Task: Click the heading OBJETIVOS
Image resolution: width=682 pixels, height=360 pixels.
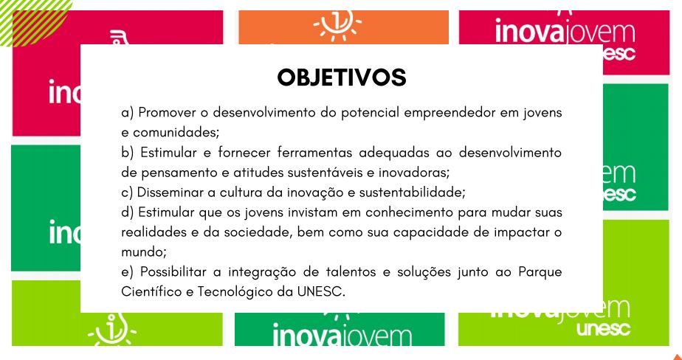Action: (342, 77)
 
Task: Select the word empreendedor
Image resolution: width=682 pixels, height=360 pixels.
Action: (448, 114)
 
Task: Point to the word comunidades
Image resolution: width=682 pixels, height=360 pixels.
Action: (176, 133)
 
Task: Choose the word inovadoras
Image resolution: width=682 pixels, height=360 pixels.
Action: (413, 173)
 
